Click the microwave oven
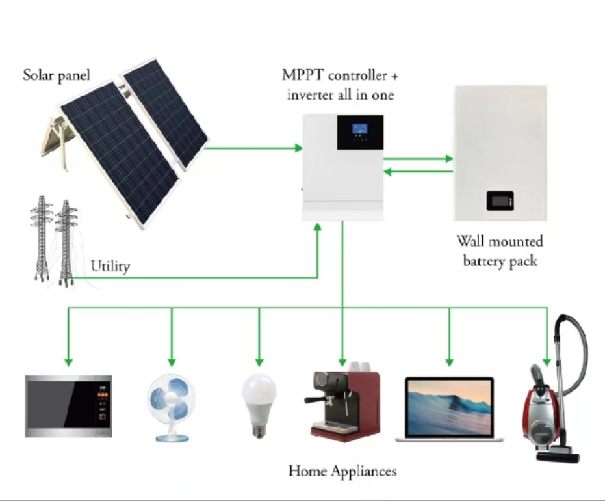coord(68,405)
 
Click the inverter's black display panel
coord(359,132)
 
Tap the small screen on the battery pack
coord(502,200)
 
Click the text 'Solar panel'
coord(57,75)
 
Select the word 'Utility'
coord(110,266)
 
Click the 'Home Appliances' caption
coord(342,470)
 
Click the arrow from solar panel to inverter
coord(253,148)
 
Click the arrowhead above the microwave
coord(68,361)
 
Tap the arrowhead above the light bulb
coord(259,361)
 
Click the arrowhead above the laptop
coord(448,361)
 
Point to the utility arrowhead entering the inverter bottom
coord(318,227)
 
